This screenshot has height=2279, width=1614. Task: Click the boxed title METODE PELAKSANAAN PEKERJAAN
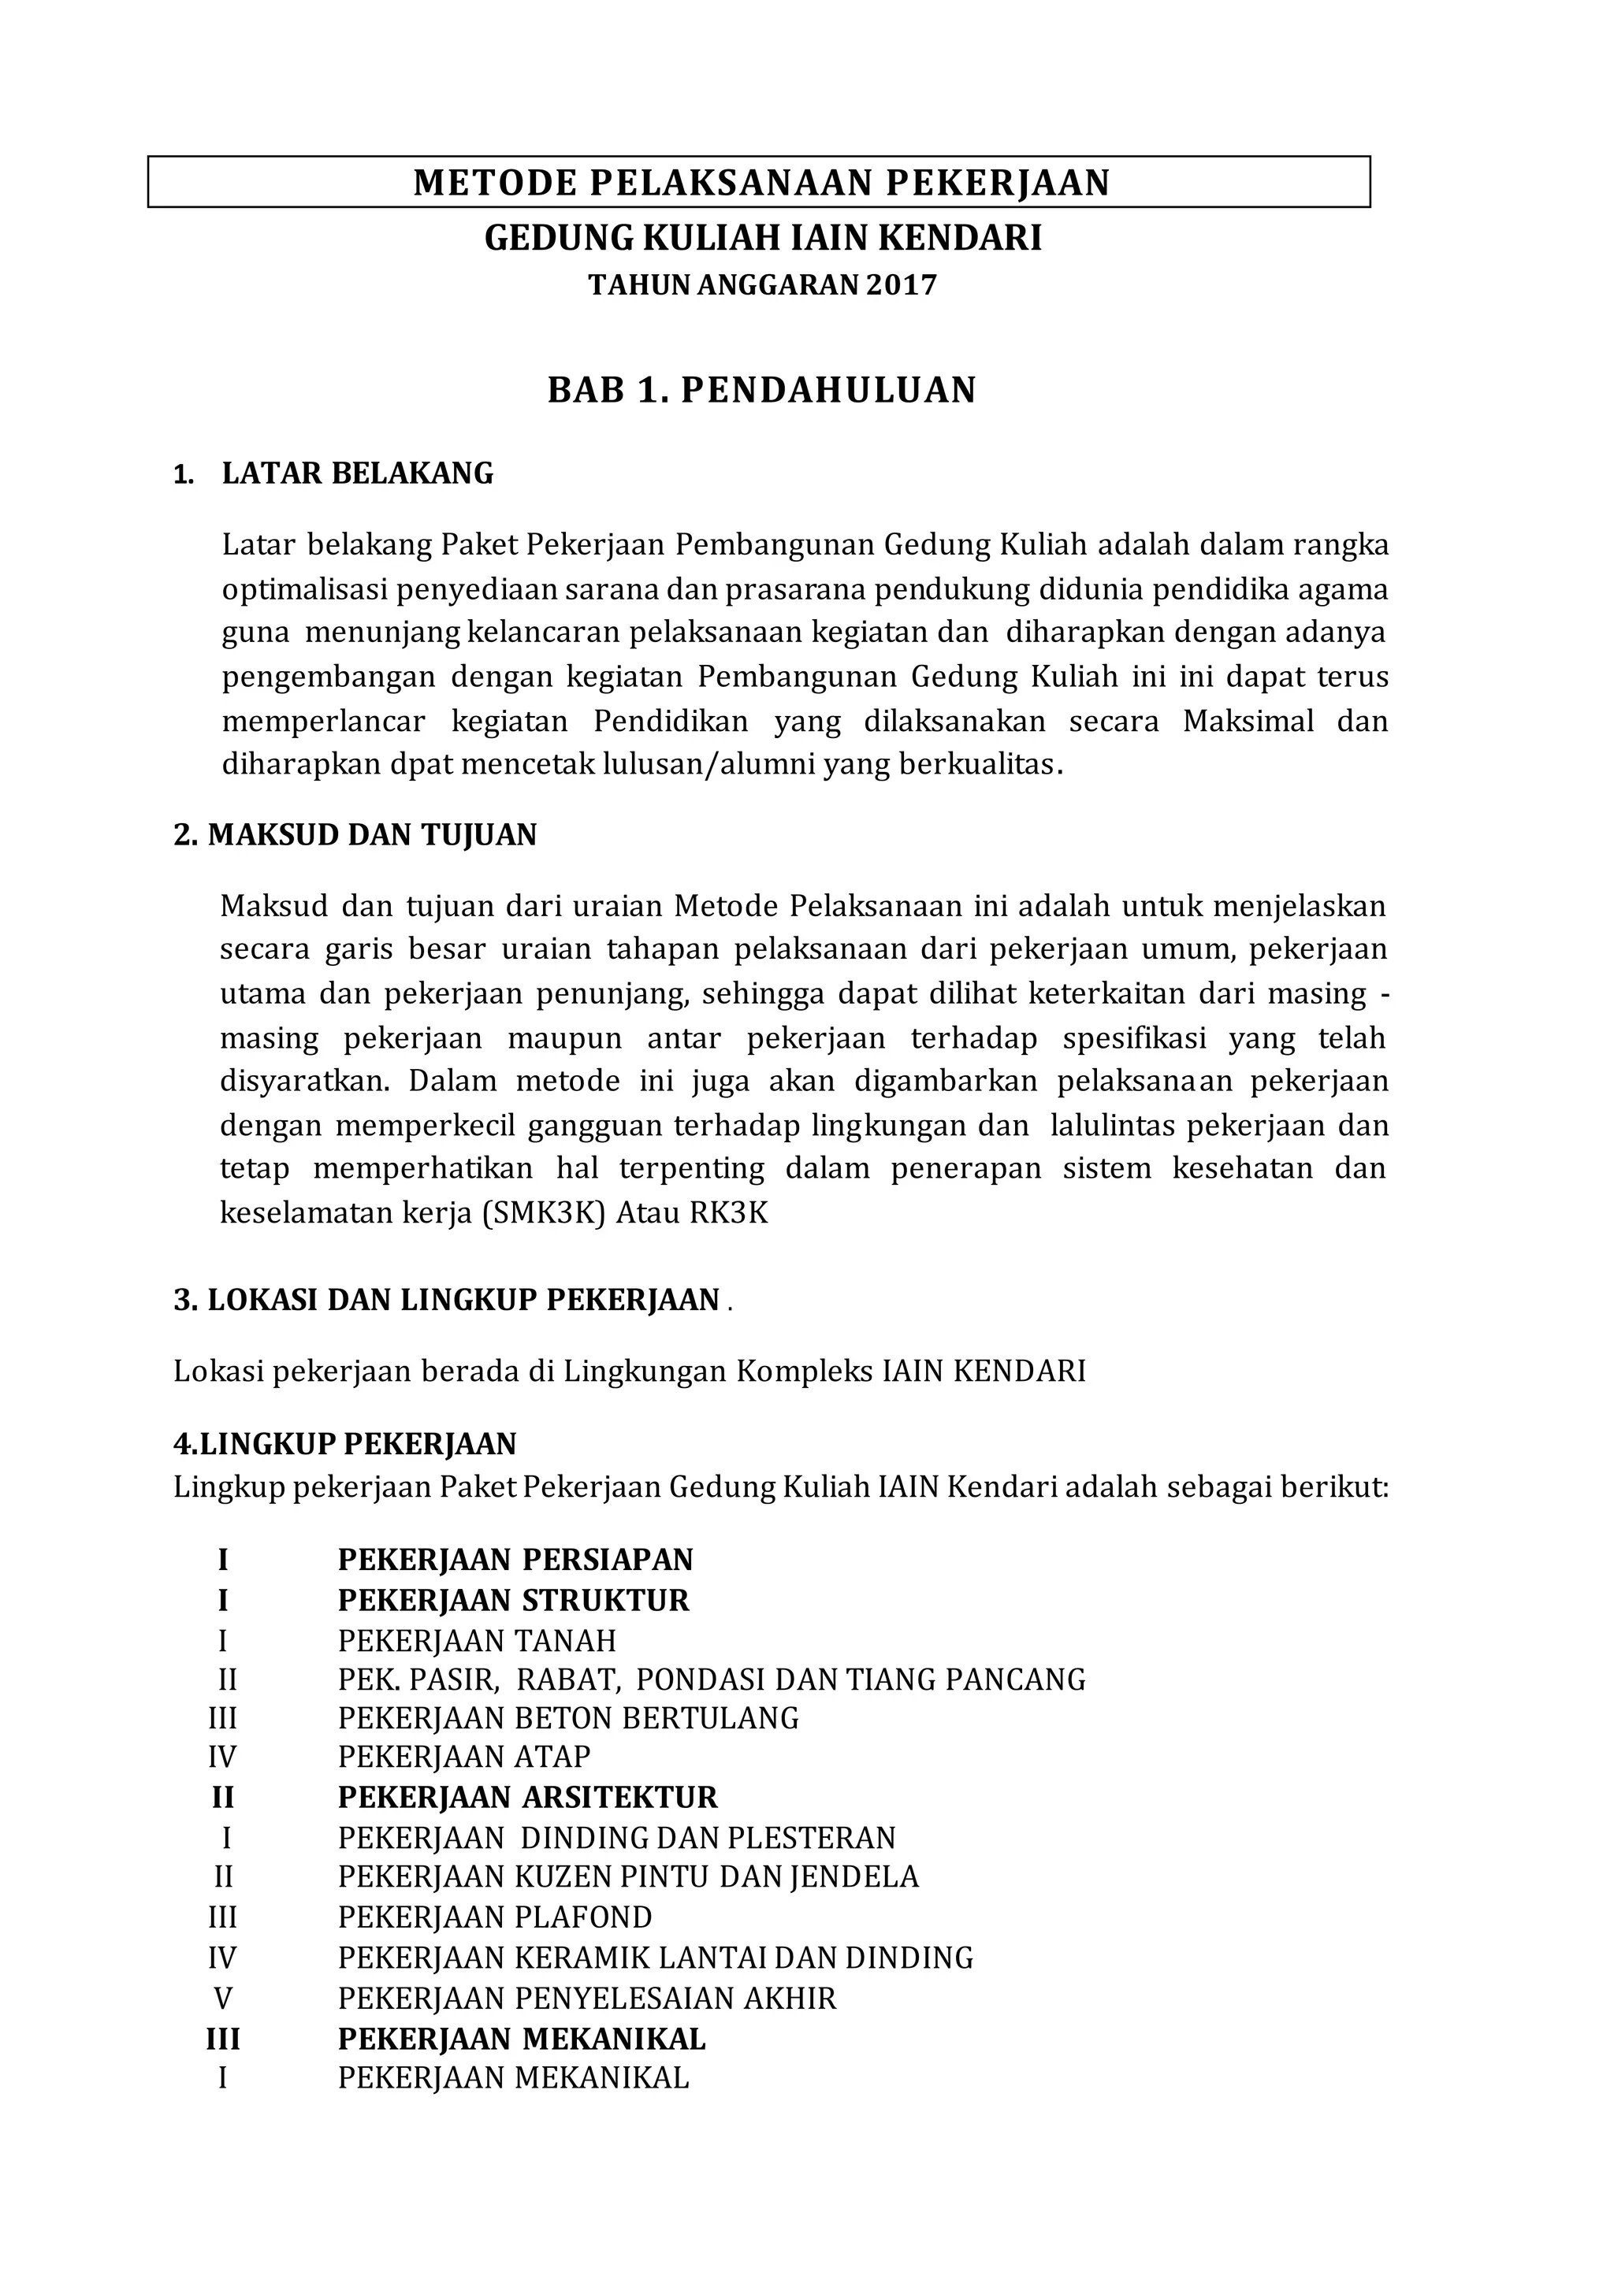pyautogui.click(x=761, y=183)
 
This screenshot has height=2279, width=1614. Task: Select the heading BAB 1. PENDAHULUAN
pyautogui.click(x=761, y=391)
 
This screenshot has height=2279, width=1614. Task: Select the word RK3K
pyautogui.click(x=728, y=1213)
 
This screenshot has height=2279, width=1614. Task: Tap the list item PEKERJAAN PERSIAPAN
pyautogui.click(x=515, y=1559)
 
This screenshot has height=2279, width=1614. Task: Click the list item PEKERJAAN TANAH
pyautogui.click(x=477, y=1640)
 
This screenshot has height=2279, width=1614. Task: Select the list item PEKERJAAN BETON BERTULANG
pyautogui.click(x=568, y=1717)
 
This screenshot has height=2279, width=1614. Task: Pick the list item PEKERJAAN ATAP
pyautogui.click(x=464, y=1757)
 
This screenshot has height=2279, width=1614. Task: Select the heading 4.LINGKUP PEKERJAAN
pyautogui.click(x=345, y=1442)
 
